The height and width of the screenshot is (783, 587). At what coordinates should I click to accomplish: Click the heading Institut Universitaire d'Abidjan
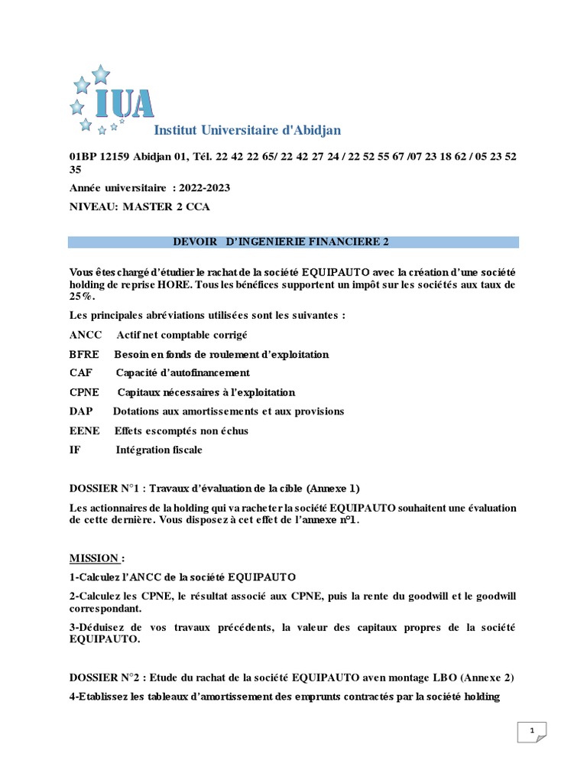[248, 131]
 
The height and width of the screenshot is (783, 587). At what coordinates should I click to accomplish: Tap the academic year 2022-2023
[204, 187]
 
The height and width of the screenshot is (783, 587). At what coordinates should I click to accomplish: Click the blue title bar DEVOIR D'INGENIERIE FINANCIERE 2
[293, 242]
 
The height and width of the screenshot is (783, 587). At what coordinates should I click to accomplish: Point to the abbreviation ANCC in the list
[85, 335]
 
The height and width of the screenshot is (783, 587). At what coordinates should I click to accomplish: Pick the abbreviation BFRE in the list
[84, 354]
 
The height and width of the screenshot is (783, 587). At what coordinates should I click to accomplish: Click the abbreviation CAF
[81, 373]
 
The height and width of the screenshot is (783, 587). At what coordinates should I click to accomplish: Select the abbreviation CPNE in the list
[85, 392]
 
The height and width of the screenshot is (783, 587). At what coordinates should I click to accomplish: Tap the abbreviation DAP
[81, 411]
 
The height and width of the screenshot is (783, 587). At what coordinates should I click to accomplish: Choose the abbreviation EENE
[84, 430]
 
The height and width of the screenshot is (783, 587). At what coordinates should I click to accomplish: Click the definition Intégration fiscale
[159, 450]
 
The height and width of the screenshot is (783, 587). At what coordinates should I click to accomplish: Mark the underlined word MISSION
[93, 557]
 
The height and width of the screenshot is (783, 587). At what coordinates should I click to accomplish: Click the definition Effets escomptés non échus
[181, 430]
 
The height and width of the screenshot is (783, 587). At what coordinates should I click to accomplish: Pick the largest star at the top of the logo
[100, 73]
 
